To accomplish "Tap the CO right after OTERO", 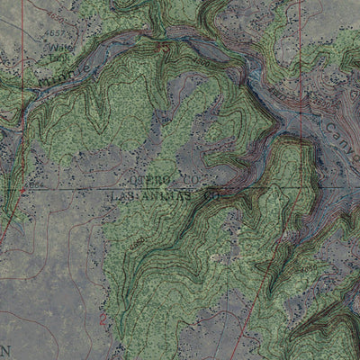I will (x=187, y=181).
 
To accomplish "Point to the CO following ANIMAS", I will (x=212, y=193).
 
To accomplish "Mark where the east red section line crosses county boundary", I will (x=299, y=188).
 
